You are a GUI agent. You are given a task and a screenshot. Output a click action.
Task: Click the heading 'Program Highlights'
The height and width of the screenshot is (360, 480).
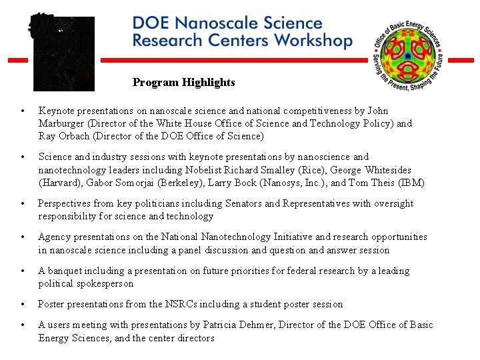183,83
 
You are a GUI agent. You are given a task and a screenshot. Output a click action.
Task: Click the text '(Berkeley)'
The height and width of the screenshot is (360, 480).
191,183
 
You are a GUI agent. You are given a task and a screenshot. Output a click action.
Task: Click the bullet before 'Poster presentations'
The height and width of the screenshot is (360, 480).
23,304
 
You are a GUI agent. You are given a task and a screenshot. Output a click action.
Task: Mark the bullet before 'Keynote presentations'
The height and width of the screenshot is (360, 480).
23,111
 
